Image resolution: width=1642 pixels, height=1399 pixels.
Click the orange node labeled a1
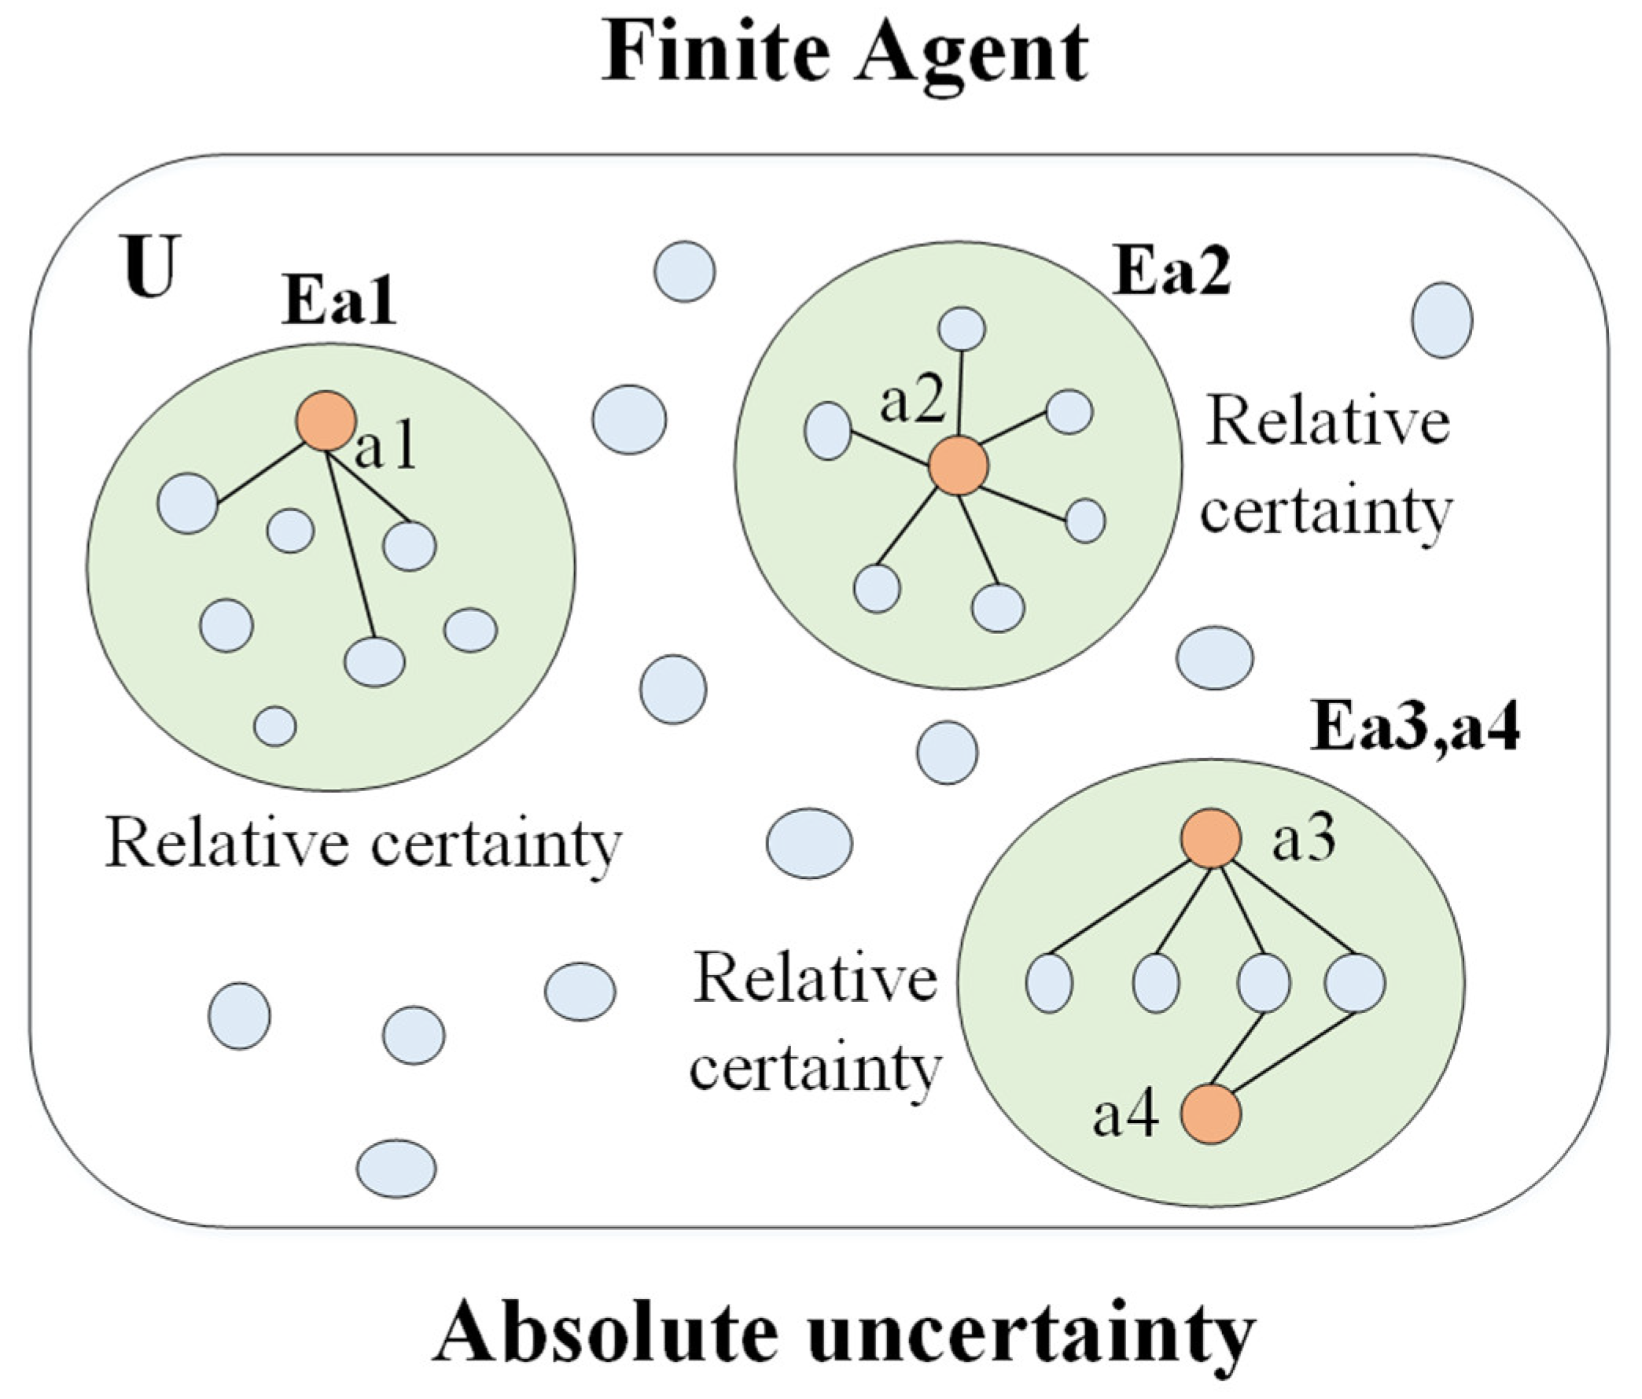pos(325,421)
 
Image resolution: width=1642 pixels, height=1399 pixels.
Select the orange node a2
pos(958,466)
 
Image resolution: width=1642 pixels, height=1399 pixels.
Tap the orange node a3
pos(1211,838)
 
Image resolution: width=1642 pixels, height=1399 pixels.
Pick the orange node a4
pos(1211,1114)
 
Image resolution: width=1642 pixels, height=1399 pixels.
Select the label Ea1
pos(338,302)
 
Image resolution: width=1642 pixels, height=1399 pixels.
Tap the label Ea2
pos(1171,272)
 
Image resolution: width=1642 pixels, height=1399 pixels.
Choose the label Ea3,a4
pos(1415,727)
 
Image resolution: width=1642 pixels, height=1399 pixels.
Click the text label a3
pos(1304,841)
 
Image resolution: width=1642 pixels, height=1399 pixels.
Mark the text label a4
pos(1125,1116)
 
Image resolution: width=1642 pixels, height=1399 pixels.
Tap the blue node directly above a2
pos(961,328)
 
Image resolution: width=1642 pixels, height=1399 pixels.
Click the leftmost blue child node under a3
pos(1049,983)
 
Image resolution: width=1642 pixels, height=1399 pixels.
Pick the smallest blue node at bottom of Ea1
pos(275,725)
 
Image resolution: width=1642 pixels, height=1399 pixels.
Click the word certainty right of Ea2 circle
pos(1326,511)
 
